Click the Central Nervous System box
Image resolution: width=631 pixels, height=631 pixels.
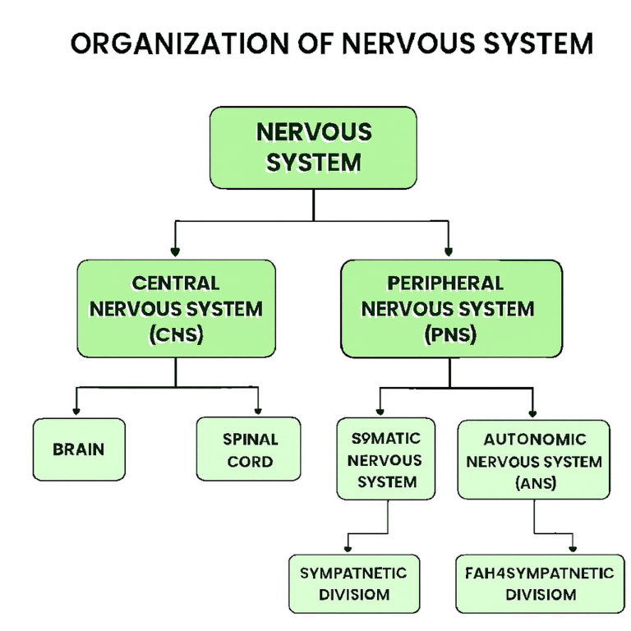(x=176, y=309)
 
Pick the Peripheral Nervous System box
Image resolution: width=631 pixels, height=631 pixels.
(x=451, y=309)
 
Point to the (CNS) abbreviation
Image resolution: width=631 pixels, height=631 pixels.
(x=176, y=335)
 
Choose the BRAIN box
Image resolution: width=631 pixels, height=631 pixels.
(x=79, y=449)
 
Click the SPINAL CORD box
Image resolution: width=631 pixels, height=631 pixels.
(x=250, y=450)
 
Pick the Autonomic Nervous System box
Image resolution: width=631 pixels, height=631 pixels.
(x=533, y=460)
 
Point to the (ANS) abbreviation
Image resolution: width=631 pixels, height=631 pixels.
(x=535, y=483)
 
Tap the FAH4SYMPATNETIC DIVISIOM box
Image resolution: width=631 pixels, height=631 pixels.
(x=535, y=583)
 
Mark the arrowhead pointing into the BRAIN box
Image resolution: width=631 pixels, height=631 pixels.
(x=76, y=412)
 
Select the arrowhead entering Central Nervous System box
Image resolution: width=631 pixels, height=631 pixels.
(x=174, y=252)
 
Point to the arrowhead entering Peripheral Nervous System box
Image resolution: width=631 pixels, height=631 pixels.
(x=449, y=252)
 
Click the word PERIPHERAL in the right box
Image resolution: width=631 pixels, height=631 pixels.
(x=444, y=283)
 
